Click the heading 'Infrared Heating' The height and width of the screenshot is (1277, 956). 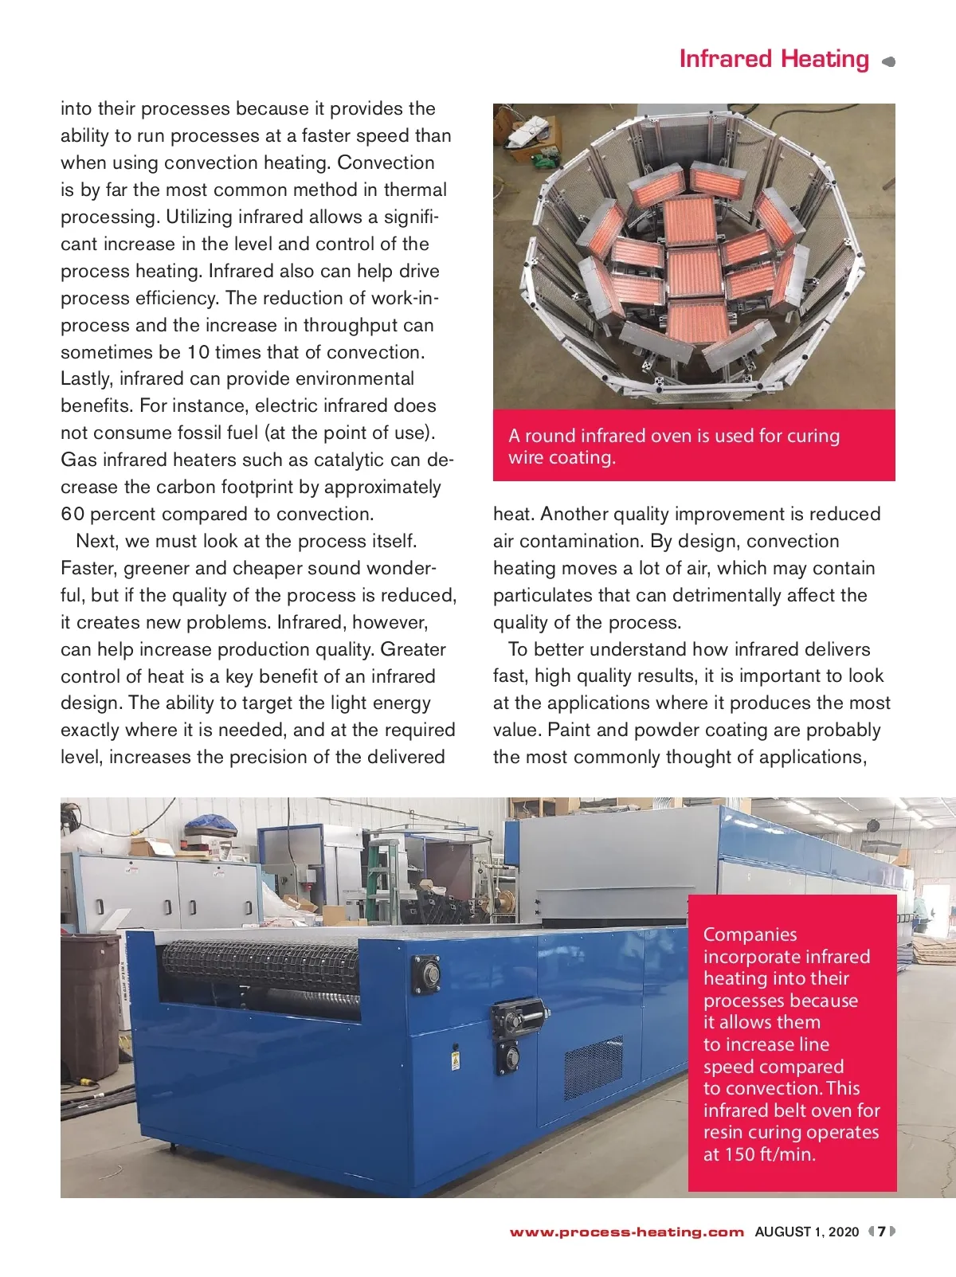(774, 59)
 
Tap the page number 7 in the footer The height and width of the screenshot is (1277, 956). (882, 1232)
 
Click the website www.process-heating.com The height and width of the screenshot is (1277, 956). (627, 1232)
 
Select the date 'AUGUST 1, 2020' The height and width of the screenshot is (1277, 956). (806, 1232)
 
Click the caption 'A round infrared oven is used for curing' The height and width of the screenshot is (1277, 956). (674, 436)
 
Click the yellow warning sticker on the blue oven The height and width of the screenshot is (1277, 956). (455, 1061)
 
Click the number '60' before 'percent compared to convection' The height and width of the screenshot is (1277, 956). (72, 515)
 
